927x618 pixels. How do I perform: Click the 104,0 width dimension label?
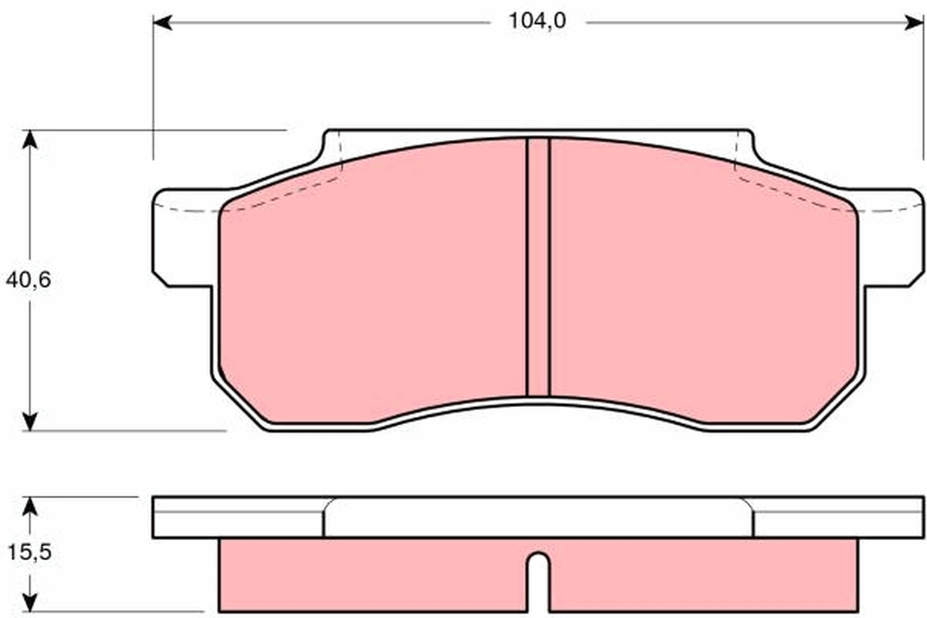[x=537, y=22]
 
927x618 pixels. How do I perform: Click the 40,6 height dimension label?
[x=28, y=280]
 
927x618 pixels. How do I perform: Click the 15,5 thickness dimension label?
[x=28, y=553]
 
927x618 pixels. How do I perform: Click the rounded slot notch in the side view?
[x=538, y=579]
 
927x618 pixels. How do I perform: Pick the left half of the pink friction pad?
[x=371, y=286]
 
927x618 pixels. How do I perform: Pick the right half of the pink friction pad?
[x=703, y=286]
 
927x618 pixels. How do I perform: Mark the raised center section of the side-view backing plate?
[x=538, y=517]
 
